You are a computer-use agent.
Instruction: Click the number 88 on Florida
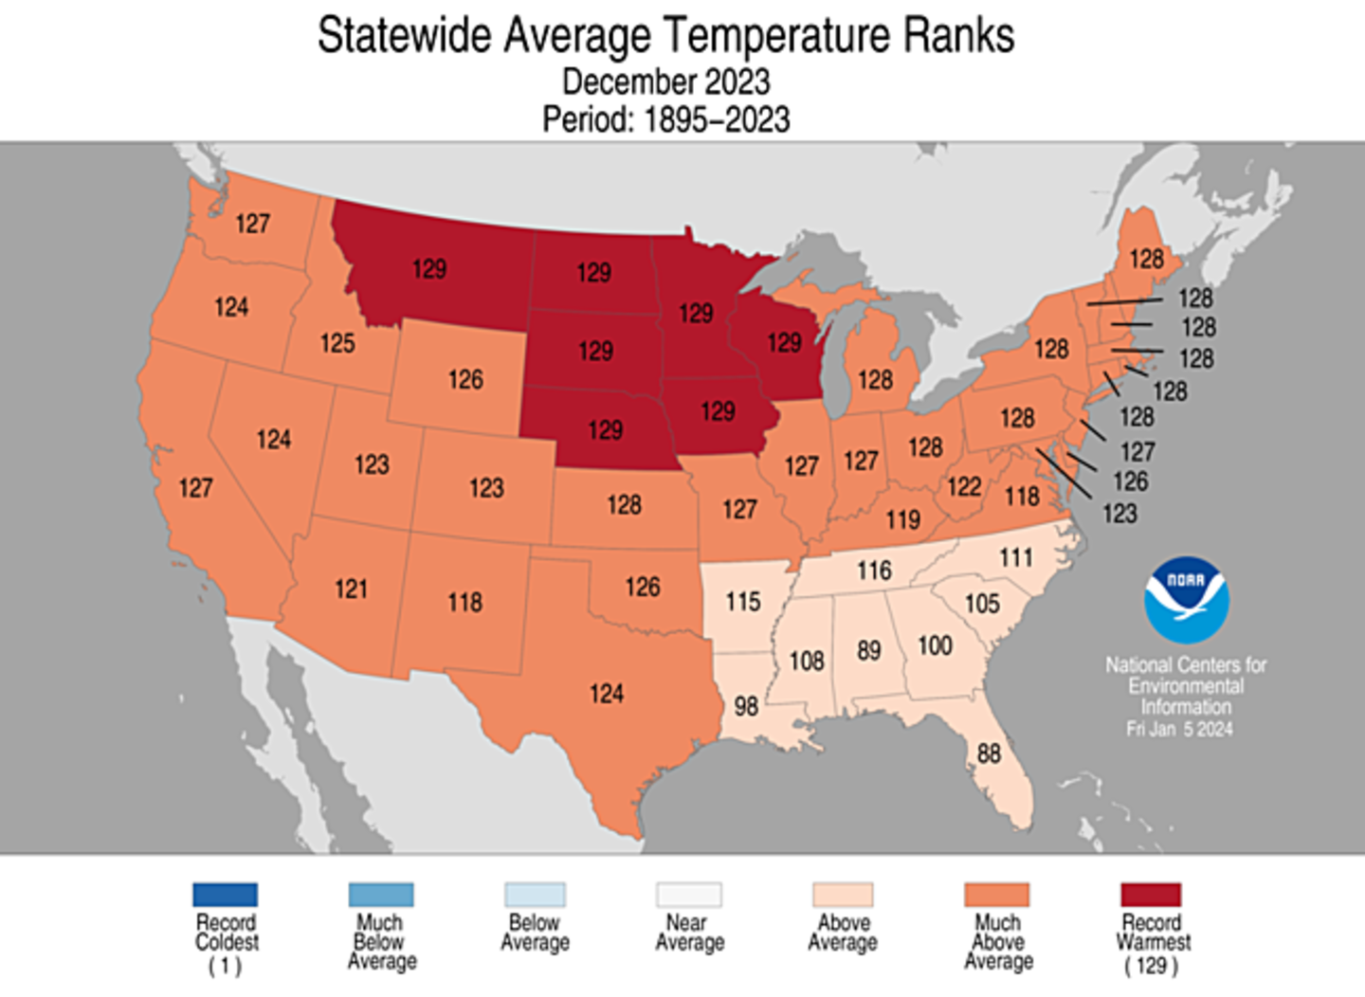pyautogui.click(x=989, y=753)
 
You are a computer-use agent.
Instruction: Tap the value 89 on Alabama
pyautogui.click(x=868, y=651)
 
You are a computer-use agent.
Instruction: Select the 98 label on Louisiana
pyautogui.click(x=746, y=706)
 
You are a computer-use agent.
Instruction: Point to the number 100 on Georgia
pyautogui.click(x=935, y=645)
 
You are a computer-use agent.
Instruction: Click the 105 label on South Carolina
pyautogui.click(x=982, y=604)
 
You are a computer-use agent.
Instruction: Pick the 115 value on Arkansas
pyautogui.click(x=743, y=602)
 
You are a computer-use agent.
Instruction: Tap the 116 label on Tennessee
pyautogui.click(x=874, y=571)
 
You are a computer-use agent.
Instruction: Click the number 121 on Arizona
pyautogui.click(x=351, y=589)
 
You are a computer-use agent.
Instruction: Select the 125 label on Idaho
pyautogui.click(x=337, y=343)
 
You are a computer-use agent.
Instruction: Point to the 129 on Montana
pyautogui.click(x=429, y=269)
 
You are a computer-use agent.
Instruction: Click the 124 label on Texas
pyautogui.click(x=607, y=695)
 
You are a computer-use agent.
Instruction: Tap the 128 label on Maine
pyautogui.click(x=1146, y=259)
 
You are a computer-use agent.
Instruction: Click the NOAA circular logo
pyautogui.click(x=1186, y=600)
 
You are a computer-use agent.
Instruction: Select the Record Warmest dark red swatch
pyautogui.click(x=1151, y=895)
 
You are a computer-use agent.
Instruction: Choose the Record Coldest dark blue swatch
pyautogui.click(x=225, y=895)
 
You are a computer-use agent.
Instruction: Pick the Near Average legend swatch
pyautogui.click(x=689, y=895)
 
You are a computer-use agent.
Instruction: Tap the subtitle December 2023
pyautogui.click(x=665, y=82)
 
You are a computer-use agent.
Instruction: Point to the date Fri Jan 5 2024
pyautogui.click(x=1179, y=729)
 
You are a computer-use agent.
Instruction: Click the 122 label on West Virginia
pyautogui.click(x=964, y=486)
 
